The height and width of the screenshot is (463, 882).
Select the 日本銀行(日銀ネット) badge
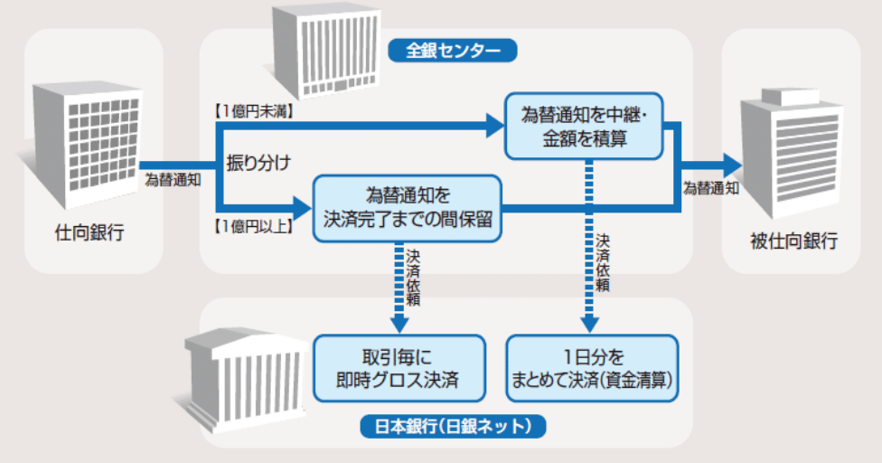[453, 424]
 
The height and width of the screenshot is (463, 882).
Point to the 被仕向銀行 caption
[793, 241]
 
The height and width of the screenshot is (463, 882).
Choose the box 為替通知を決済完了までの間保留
[407, 207]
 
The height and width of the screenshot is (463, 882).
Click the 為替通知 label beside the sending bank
[174, 180]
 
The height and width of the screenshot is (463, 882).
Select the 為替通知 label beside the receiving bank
[711, 188]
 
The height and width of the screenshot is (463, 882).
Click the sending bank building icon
[88, 136]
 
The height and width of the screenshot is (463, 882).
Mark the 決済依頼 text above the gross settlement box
[413, 275]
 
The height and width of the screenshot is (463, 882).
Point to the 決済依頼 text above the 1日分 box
[602, 261]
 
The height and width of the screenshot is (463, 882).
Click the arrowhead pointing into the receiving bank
[730, 165]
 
